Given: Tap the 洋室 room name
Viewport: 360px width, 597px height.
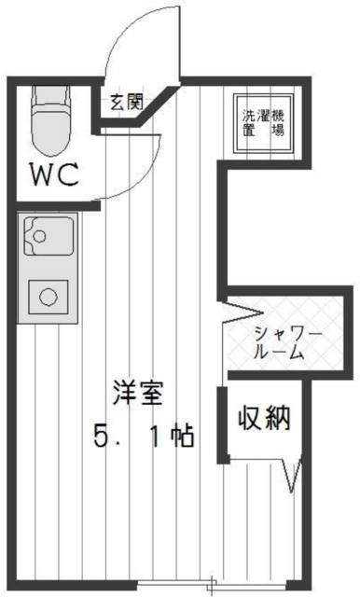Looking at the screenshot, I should pos(138,393).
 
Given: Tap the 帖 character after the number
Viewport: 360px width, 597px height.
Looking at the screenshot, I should pos(182,435).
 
